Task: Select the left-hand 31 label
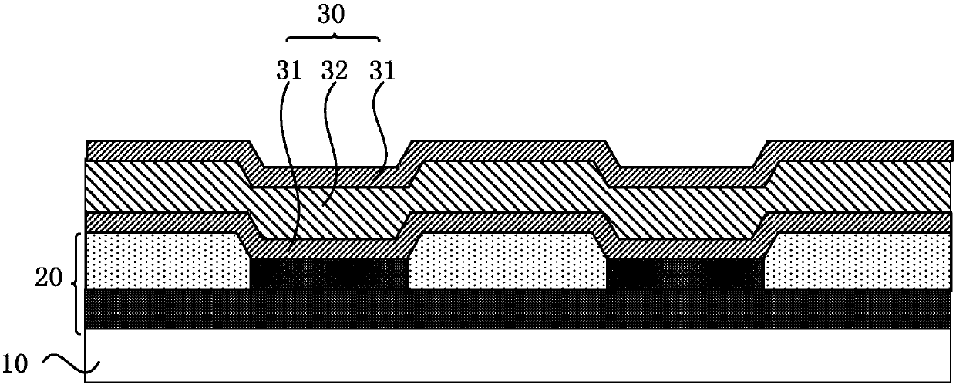[x=290, y=72]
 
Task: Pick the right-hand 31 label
[x=381, y=72]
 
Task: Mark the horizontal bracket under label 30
[x=334, y=39]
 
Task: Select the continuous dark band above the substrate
[x=517, y=309]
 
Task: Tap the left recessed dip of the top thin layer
[x=330, y=176]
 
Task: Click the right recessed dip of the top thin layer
[x=686, y=176]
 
